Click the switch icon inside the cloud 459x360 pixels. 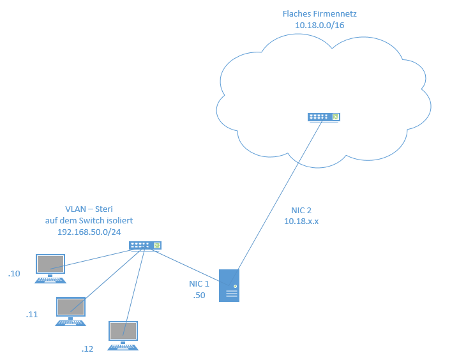coord(324,117)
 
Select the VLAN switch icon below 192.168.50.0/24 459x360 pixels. coord(145,245)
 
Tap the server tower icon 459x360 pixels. coord(229,285)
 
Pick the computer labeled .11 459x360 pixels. coord(71,311)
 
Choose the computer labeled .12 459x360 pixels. coord(123,336)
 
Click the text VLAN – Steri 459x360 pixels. coord(94,209)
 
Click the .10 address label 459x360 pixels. coord(15,274)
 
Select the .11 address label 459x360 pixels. coord(33,315)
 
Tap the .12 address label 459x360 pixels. coord(87,349)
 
